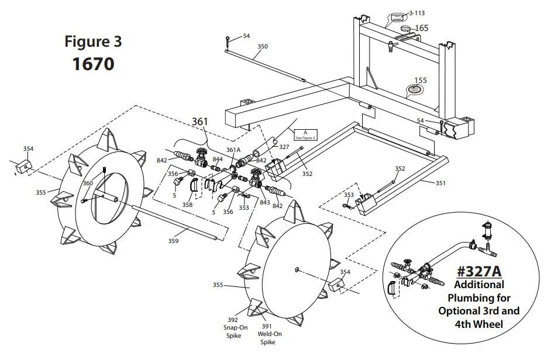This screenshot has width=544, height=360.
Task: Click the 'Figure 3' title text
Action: click(93, 42)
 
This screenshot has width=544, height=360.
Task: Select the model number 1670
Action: click(93, 63)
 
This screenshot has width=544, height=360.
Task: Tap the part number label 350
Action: click(263, 46)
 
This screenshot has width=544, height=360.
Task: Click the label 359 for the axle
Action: click(174, 240)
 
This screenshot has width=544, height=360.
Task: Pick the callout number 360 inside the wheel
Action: click(88, 184)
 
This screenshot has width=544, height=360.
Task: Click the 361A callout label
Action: click(233, 150)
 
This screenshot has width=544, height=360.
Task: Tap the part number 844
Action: click(218, 159)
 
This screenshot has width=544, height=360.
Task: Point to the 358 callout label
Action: click(187, 205)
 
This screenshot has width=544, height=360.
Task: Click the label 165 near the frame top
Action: click(422, 28)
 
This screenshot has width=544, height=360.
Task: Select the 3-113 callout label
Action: click(417, 12)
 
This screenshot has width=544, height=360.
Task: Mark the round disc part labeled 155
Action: click(414, 89)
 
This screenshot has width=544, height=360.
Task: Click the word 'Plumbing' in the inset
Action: click(478, 297)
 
